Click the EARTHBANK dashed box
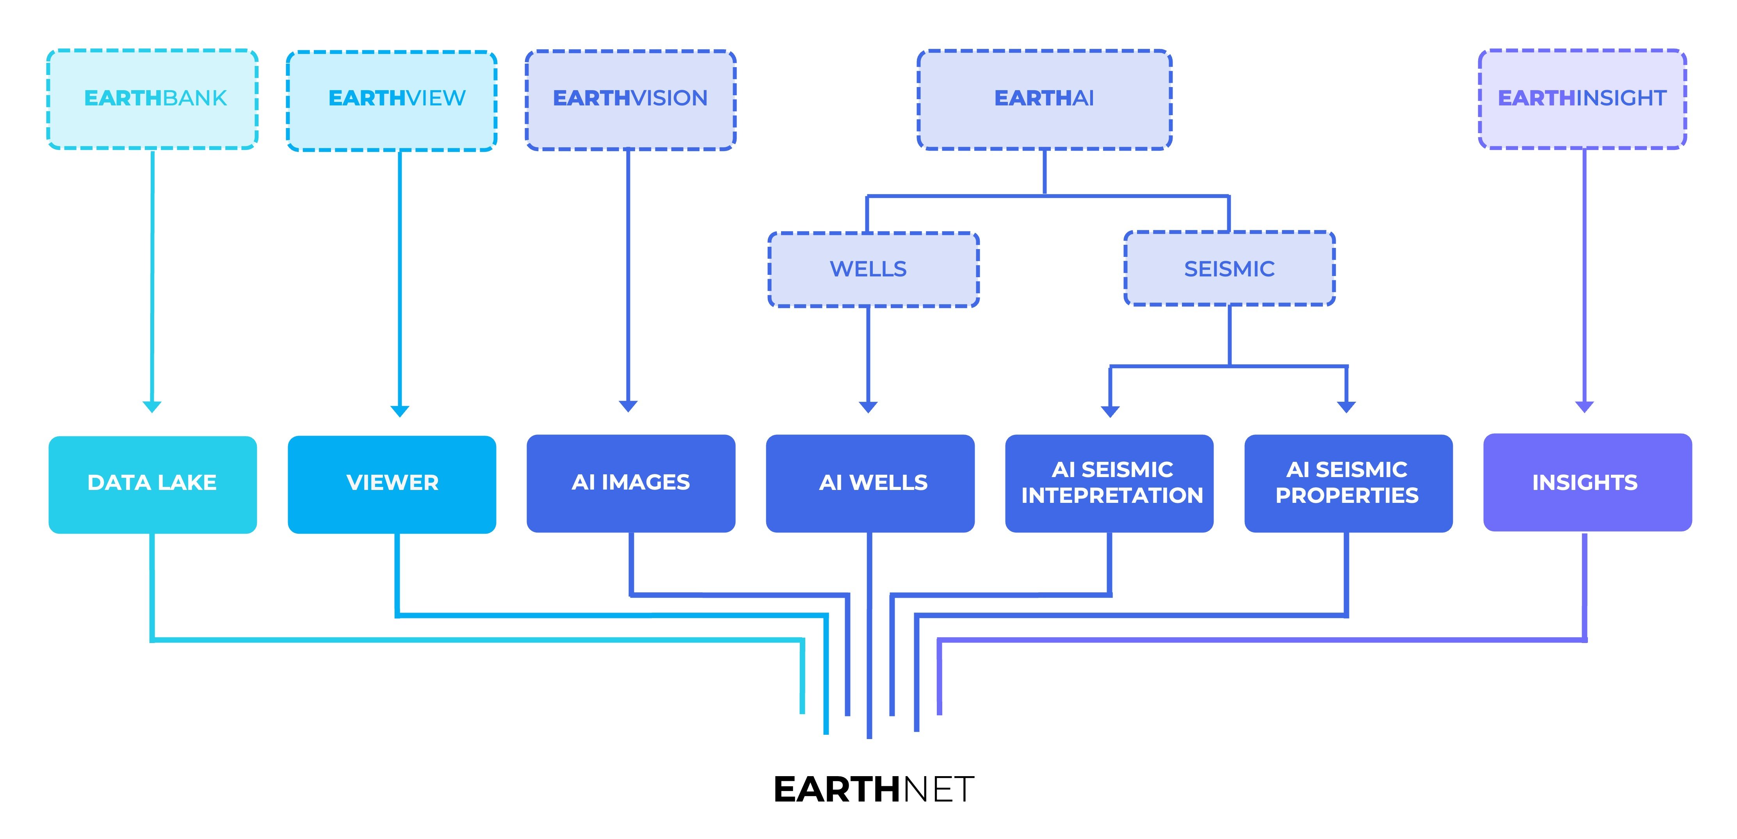coord(152,99)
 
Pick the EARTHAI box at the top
coord(1045,99)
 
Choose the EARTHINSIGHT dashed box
coord(1582,99)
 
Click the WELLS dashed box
coord(873,269)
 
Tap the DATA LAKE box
coord(152,484)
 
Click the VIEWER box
coord(392,484)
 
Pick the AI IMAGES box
coord(630,483)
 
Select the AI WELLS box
coord(870,483)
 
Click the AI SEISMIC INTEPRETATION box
coord(1109,483)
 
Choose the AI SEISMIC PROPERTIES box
coord(1348,483)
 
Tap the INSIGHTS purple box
coord(1587,482)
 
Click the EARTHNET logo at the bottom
coord(873,789)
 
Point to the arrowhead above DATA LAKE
coord(152,407)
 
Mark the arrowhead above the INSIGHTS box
coord(1584,407)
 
